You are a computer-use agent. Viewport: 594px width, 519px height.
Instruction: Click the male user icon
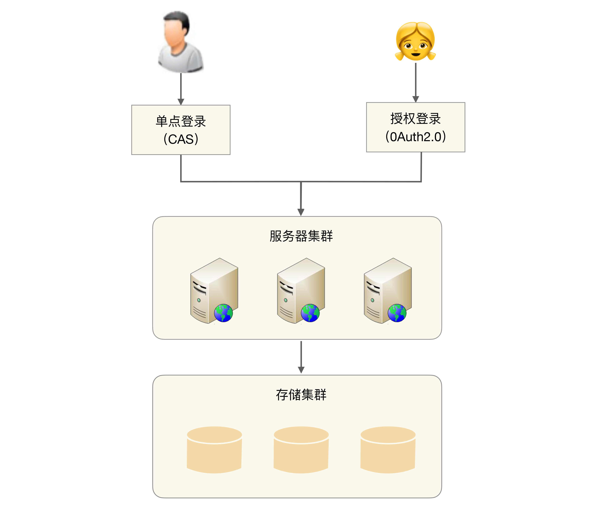click(180, 42)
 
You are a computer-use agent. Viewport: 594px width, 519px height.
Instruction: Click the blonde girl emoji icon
click(415, 41)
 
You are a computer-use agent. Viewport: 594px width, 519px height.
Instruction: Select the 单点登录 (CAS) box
click(181, 130)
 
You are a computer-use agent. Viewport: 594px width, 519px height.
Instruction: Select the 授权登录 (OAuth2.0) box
click(415, 127)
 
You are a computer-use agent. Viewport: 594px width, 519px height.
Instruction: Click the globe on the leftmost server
click(223, 313)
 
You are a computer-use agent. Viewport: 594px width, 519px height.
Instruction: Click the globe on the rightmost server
click(397, 313)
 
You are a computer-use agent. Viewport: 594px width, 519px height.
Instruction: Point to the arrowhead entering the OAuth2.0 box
click(415, 99)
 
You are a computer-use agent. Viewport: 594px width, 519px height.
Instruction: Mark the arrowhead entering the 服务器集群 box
click(301, 212)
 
